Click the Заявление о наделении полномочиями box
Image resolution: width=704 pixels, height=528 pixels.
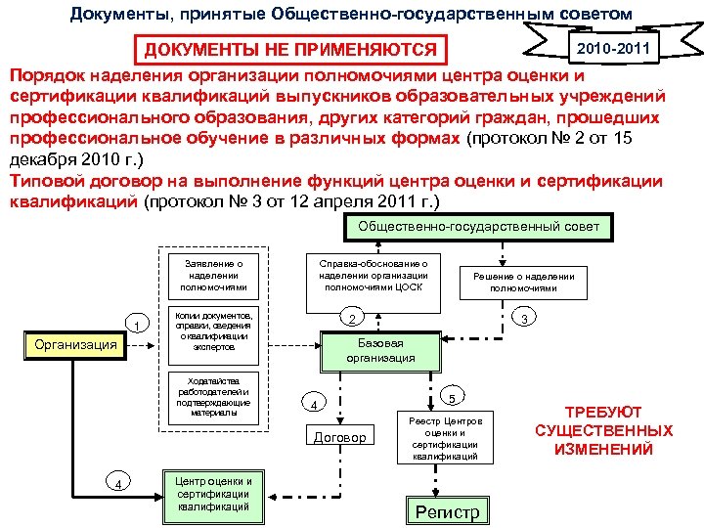pos(206,275)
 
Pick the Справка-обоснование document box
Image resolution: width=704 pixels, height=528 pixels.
pos(374,275)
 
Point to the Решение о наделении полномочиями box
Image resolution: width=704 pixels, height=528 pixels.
pos(524,282)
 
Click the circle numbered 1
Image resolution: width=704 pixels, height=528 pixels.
pos(138,325)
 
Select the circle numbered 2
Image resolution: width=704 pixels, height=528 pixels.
pos(354,319)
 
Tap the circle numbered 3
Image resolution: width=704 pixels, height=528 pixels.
pos(525,319)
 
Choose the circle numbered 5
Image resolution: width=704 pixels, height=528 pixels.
pos(451,398)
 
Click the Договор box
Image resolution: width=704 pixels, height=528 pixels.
pos(339,437)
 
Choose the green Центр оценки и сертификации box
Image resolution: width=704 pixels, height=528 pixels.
pos(214,494)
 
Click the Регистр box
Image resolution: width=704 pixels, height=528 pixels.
pos(448,511)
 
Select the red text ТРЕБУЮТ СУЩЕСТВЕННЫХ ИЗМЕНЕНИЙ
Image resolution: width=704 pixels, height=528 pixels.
pos(603,431)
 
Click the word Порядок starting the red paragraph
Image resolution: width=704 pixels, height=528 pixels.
pos(48,75)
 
